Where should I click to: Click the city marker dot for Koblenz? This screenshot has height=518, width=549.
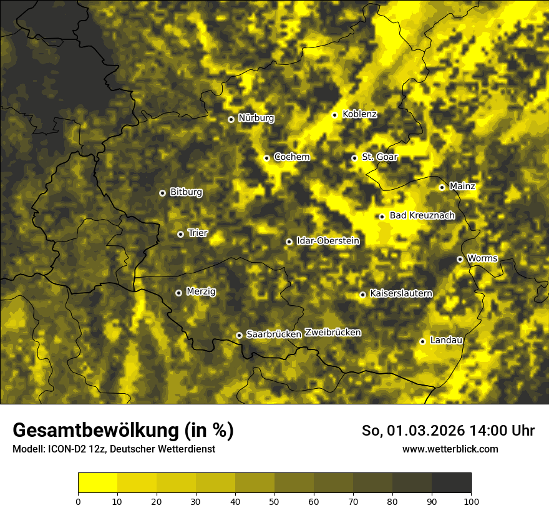[335, 115]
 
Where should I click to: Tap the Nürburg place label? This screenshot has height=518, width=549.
[256, 118]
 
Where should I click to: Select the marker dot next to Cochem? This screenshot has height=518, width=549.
[266, 158]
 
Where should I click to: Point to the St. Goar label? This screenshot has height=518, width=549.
[379, 157]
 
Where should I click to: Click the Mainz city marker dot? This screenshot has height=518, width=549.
[442, 187]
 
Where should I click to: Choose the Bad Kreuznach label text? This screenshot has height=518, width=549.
[422, 215]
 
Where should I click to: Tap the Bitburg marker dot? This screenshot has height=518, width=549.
[162, 193]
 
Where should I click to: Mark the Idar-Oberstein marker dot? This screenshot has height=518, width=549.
[289, 242]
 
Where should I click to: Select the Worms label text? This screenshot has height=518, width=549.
[482, 258]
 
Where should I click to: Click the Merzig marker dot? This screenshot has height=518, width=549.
[178, 293]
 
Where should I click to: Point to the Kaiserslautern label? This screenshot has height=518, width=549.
[401, 293]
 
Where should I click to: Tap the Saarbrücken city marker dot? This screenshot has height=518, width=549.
[239, 335]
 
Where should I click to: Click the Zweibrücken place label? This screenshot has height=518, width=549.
[333, 333]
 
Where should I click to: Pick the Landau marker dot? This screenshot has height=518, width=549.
[422, 341]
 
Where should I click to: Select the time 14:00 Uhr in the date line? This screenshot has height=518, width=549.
[495, 431]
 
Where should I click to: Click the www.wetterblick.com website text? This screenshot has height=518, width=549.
[450, 449]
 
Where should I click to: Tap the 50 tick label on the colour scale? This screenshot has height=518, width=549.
[274, 501]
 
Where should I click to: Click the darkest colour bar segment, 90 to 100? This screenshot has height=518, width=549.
[451, 483]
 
